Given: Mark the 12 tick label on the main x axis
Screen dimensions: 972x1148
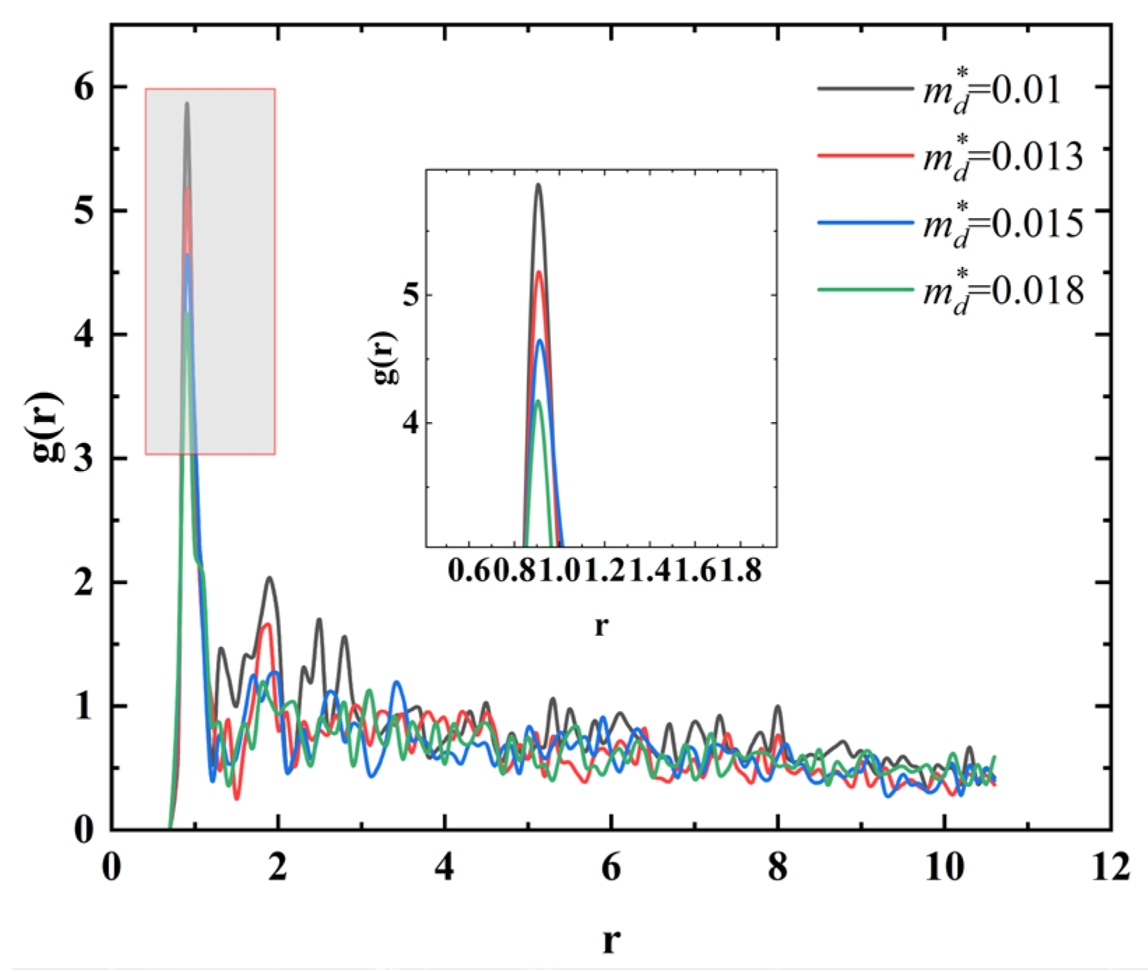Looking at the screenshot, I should tap(1110, 869).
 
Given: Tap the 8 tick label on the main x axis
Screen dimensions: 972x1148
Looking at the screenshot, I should tap(777, 869).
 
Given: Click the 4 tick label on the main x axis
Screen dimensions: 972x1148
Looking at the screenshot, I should tap(445, 869).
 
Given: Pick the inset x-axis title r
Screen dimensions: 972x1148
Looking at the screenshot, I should tap(601, 625).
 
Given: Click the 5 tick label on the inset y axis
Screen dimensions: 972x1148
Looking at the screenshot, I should tap(409, 295).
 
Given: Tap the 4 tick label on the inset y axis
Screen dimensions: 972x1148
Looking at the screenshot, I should tap(409, 423).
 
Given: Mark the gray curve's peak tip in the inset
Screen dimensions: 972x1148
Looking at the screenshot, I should tap(538, 184).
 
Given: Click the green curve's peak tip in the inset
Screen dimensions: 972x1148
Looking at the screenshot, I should tap(538, 400).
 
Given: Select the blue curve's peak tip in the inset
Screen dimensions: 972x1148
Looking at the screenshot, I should tap(539, 340).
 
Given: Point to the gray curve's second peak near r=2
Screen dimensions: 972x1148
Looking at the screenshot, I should tap(269, 578).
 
